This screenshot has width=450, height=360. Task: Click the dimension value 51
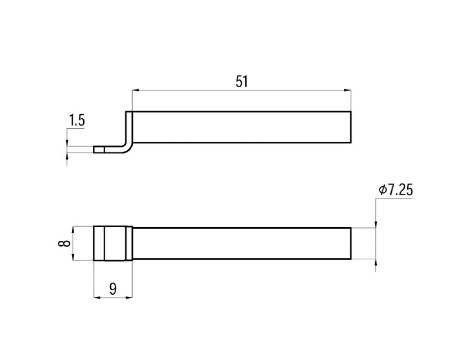point(242,81)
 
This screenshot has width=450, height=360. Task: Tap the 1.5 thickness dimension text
point(77,120)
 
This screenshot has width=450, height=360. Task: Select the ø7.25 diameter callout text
point(396,190)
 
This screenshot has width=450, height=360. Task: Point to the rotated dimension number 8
point(64,243)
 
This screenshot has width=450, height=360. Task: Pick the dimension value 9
point(113,289)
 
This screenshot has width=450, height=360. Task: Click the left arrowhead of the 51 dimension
point(135,90)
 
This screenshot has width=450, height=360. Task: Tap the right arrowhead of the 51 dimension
point(347,90)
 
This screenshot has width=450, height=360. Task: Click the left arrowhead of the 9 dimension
point(97,298)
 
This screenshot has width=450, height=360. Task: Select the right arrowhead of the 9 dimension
point(129,298)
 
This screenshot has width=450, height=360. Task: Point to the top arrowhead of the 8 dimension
point(73,230)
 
